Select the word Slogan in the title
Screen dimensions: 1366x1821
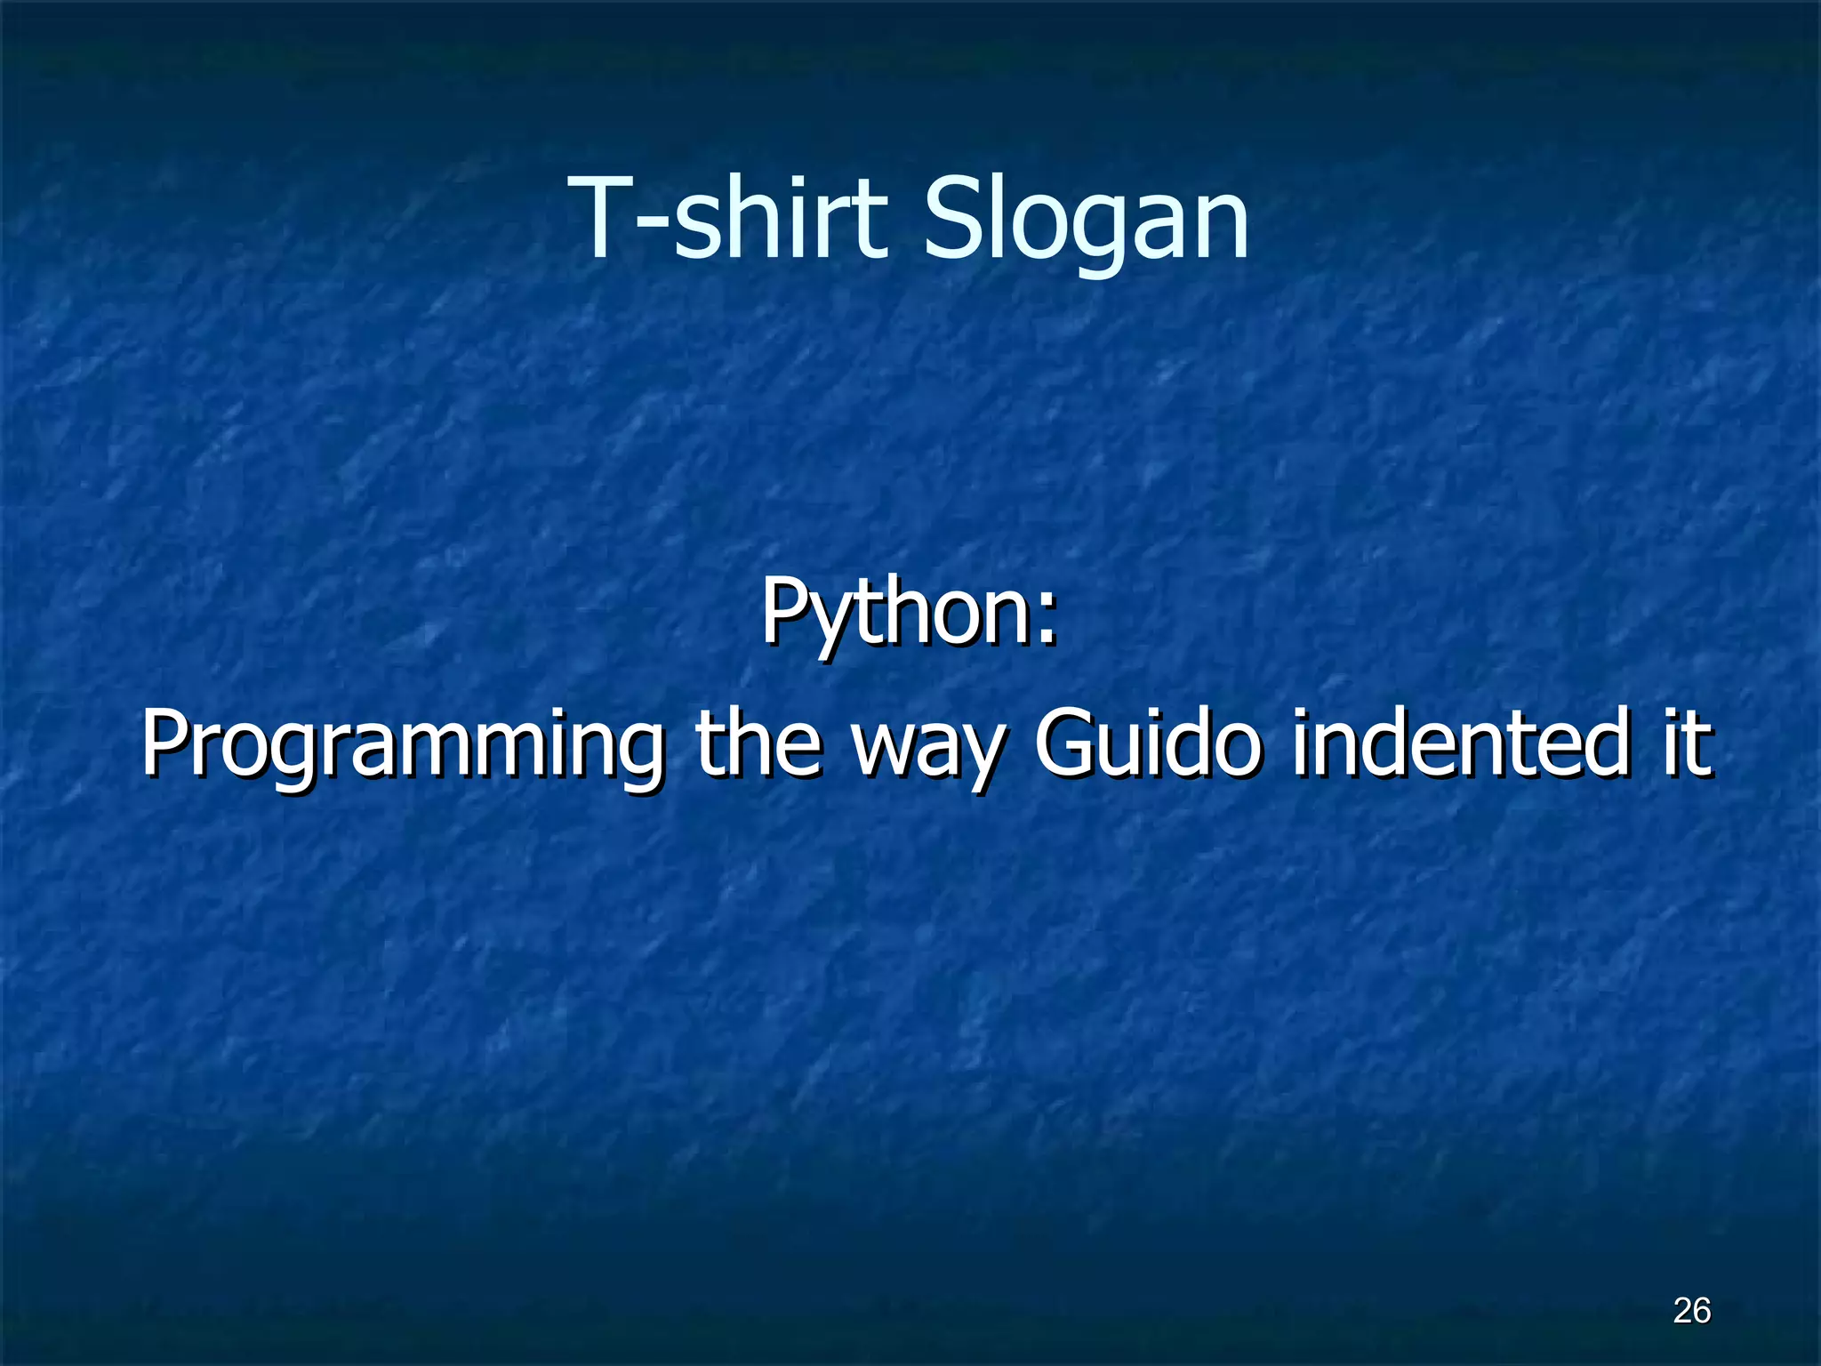click(x=1086, y=218)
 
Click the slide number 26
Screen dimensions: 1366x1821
click(x=1691, y=1311)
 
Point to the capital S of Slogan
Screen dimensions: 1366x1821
click(x=951, y=218)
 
